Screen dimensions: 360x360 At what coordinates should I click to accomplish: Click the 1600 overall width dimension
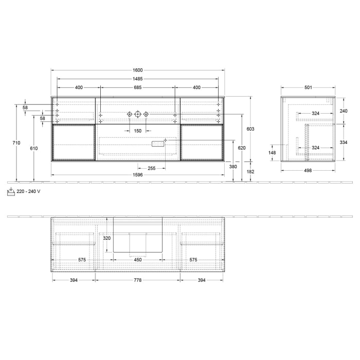tap(137, 70)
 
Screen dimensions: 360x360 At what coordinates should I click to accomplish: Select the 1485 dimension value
tap(137, 79)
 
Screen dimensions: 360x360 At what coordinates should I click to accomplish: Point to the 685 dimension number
tap(137, 87)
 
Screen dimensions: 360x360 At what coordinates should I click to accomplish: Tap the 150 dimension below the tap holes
tap(137, 131)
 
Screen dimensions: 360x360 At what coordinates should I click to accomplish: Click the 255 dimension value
tap(152, 168)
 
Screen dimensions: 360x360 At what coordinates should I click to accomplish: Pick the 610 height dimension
tap(34, 148)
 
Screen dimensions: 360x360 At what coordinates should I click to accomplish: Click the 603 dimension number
tap(250, 129)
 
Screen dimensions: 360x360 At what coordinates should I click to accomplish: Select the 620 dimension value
tap(242, 148)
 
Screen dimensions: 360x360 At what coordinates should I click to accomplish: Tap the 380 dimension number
tap(233, 167)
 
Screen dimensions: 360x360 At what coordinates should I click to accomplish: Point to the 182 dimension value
tap(250, 171)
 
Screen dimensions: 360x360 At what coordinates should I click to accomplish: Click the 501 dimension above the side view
tap(308, 87)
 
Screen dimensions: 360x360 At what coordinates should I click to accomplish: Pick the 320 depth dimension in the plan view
tap(107, 238)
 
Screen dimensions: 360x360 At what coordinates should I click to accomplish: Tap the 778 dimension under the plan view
tap(137, 280)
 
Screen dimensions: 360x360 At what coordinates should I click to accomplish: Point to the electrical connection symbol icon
tap(11, 191)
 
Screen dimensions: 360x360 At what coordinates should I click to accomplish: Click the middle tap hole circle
tap(137, 114)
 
